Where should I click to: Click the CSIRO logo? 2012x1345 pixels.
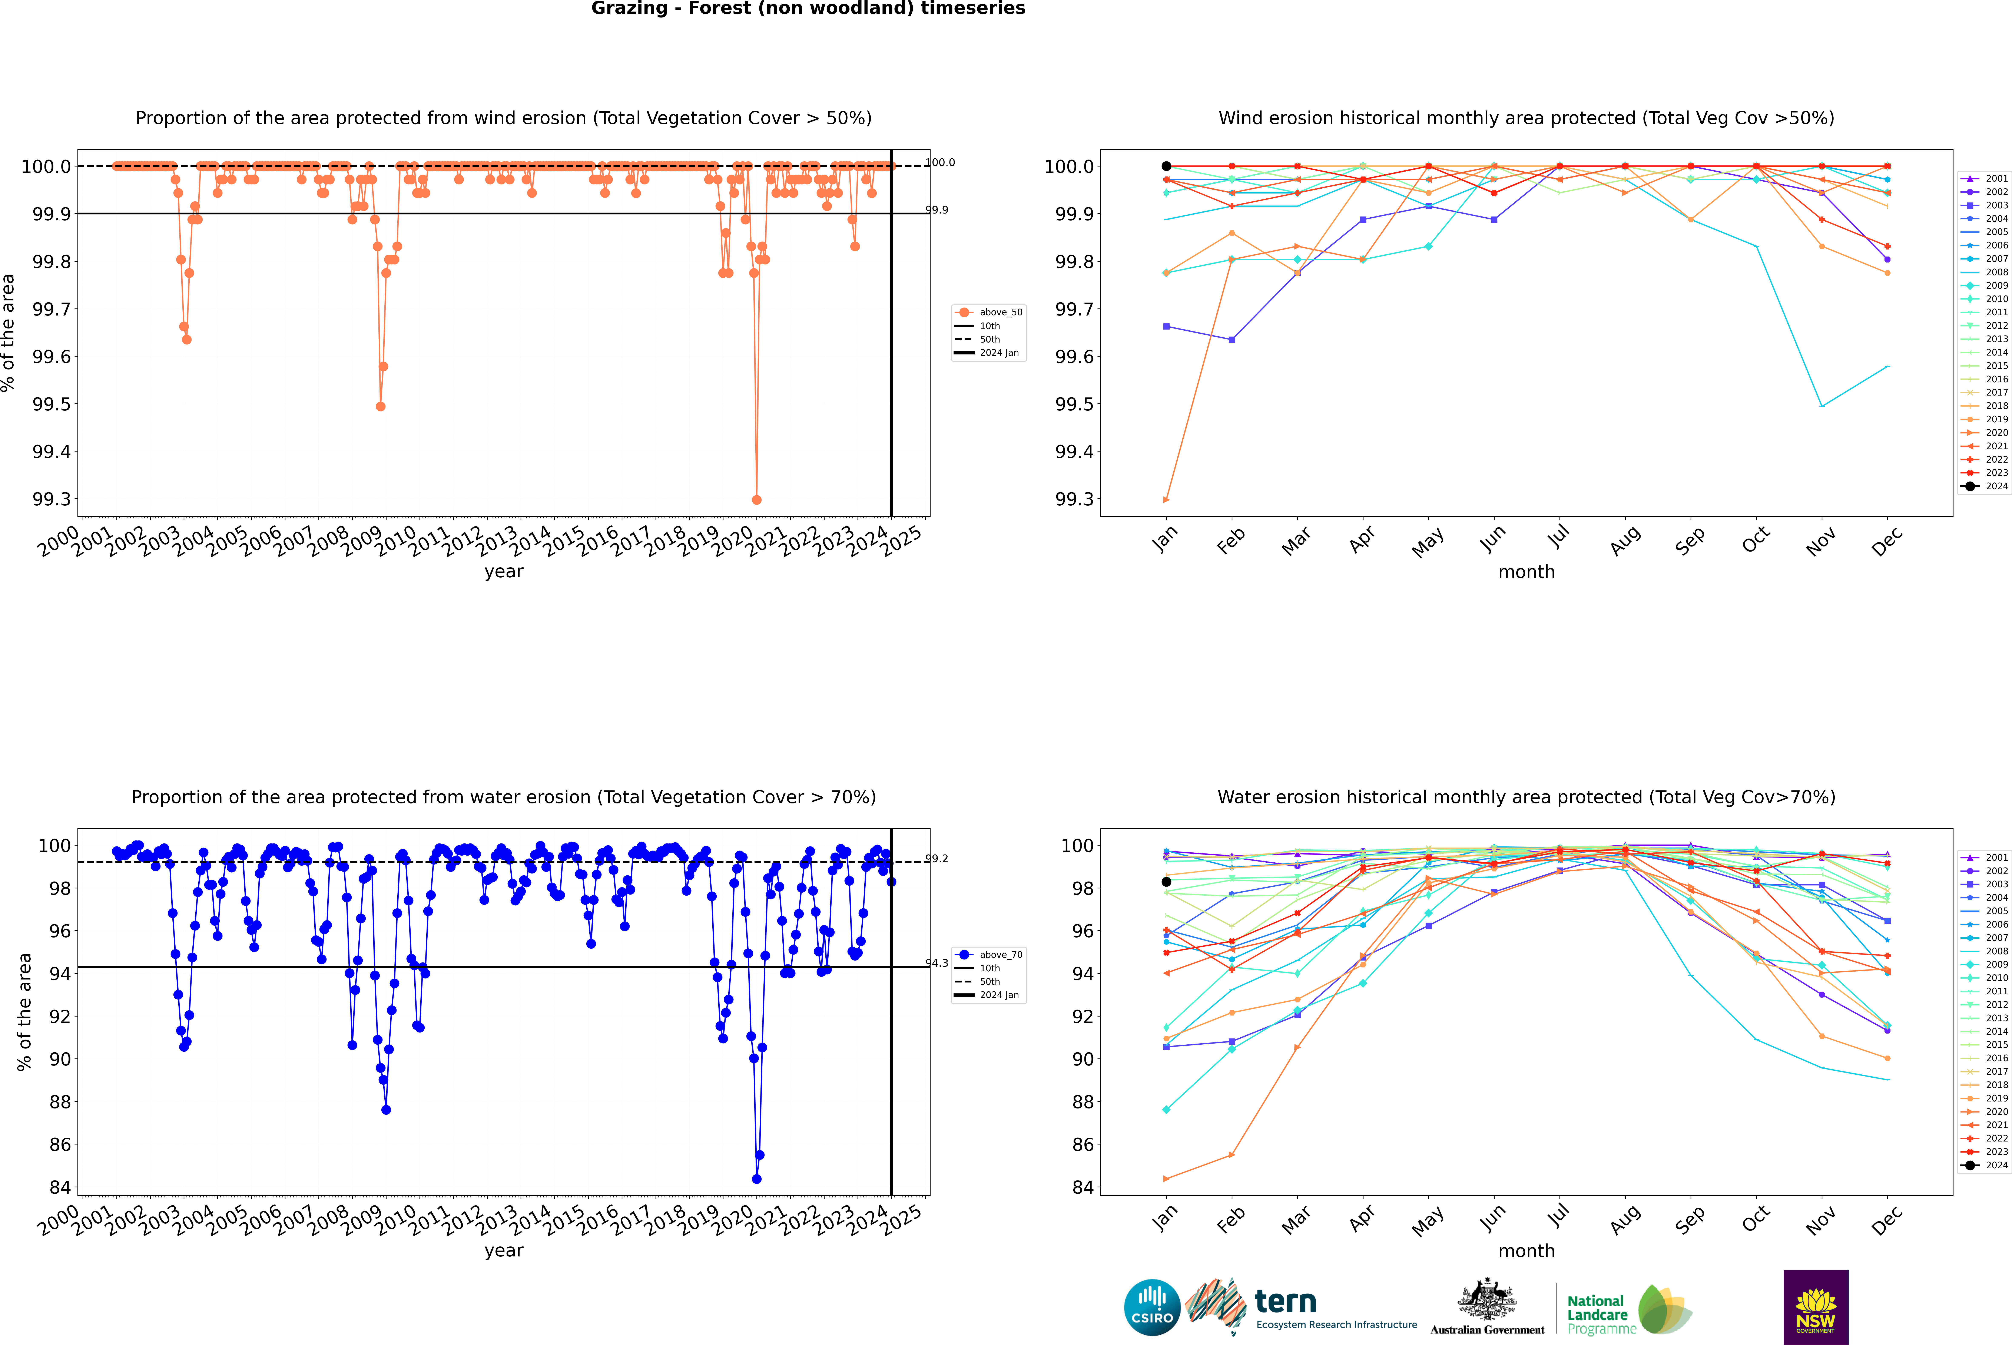[1152, 1307]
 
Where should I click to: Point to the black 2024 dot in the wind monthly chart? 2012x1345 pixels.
[1166, 166]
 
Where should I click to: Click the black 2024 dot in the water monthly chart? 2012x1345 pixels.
[1166, 882]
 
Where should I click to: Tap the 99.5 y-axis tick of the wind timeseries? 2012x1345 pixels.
[52, 404]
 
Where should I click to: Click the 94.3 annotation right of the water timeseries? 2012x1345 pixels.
[937, 963]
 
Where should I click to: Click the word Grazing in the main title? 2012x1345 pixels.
[629, 9]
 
